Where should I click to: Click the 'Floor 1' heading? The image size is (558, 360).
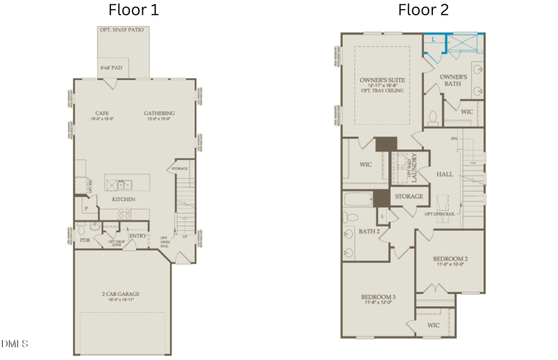134,10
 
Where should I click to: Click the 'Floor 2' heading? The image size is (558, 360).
423,10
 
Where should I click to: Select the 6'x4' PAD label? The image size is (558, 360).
110,68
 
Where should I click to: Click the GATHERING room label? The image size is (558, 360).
159,113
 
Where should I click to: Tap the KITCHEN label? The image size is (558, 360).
124,200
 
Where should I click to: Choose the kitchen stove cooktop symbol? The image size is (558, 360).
126,213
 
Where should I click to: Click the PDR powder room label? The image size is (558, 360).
85,239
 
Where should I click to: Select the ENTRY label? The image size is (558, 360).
137,236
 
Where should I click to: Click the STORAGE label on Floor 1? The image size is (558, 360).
179,169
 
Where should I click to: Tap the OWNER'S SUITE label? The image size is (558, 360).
382,80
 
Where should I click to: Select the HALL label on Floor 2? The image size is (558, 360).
444,174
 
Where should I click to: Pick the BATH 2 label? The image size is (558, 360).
368,231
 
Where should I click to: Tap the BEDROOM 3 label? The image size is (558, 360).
378,298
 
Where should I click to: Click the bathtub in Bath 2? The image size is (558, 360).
360,200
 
